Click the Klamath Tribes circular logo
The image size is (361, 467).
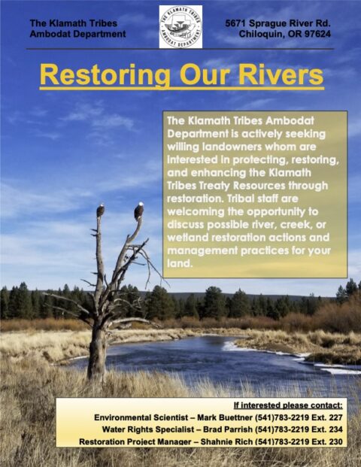click(x=180, y=26)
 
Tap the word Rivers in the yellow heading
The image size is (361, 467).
click(x=279, y=76)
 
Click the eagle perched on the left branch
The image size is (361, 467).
click(x=100, y=211)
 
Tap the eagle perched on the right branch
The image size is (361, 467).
click(x=138, y=211)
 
